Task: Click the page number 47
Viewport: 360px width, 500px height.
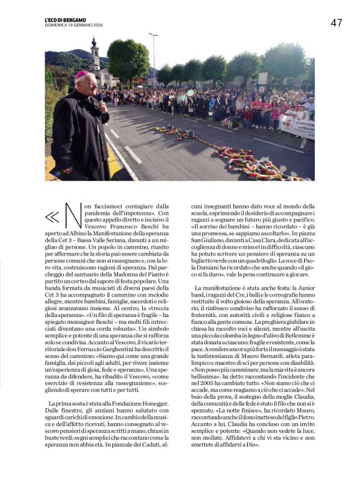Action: point(336,23)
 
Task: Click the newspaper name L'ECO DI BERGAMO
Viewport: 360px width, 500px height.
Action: point(65,20)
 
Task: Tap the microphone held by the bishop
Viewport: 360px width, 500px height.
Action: point(99,99)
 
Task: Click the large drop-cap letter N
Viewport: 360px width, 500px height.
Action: point(74,216)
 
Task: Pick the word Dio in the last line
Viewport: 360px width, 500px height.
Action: point(253,445)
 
